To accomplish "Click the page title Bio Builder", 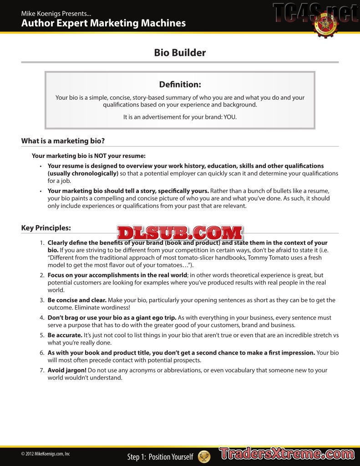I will [180, 52].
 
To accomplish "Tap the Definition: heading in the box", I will [180, 85].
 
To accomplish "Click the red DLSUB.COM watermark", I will [180, 233].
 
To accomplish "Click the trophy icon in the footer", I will [204, 456].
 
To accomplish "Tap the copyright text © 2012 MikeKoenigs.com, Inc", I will [46, 454].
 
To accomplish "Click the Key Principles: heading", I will [46, 228].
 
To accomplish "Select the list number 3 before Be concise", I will [42, 300].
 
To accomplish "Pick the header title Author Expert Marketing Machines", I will [103, 23].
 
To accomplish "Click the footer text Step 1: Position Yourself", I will [160, 457].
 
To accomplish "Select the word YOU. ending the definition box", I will [230, 117].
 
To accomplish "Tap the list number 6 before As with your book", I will [42, 353].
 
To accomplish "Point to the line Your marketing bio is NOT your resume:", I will [89, 156].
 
